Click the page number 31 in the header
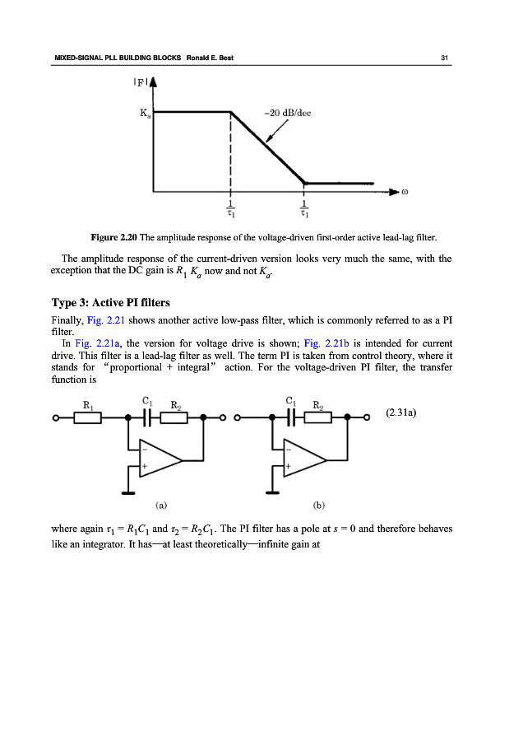(443, 57)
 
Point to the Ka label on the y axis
(143, 115)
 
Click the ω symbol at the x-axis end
(405, 194)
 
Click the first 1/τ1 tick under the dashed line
(231, 208)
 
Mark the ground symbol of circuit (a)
(128, 494)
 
